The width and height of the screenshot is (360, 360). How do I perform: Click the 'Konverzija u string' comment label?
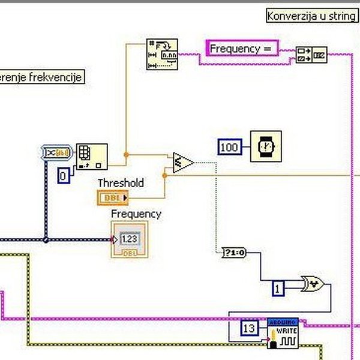(311, 16)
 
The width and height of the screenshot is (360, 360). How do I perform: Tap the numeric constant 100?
(229, 147)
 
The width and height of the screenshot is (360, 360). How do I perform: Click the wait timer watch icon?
(265, 146)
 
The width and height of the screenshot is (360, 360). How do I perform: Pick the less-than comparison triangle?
(182, 163)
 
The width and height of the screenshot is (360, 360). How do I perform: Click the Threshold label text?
(121, 183)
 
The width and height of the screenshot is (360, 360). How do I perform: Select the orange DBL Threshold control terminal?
(113, 197)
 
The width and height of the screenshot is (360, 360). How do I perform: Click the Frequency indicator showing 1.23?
(128, 239)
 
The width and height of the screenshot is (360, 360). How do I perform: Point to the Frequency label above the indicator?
(136, 214)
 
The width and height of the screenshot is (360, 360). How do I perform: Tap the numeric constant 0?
(64, 175)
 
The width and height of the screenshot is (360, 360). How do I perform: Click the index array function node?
(92, 156)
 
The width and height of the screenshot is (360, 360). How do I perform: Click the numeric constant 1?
(278, 288)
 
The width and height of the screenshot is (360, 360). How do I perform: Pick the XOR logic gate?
(313, 284)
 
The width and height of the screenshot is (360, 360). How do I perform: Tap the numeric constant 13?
(250, 328)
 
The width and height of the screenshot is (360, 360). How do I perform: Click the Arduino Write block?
(283, 333)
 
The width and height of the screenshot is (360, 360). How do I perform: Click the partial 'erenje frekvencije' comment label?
(41, 77)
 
